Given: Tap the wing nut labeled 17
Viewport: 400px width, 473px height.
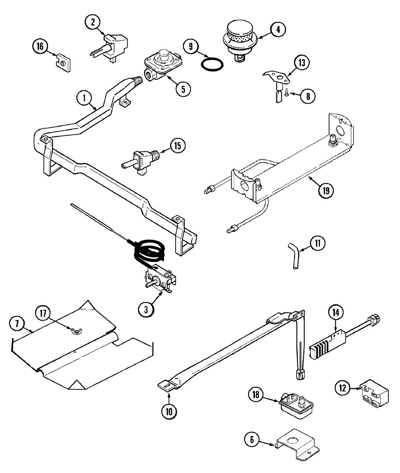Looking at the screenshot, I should pyautogui.click(x=76, y=330).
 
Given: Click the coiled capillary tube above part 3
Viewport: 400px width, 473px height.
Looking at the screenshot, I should pyautogui.click(x=149, y=250).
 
